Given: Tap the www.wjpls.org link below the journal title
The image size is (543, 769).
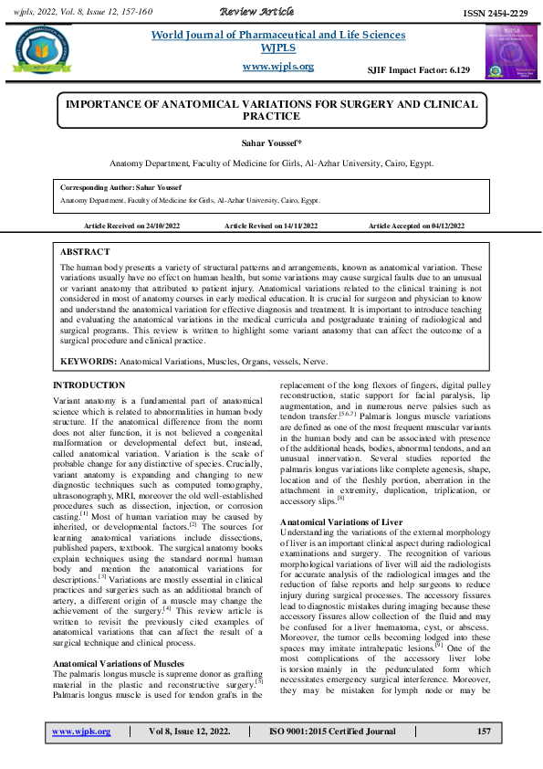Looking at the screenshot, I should pyautogui.click(x=278, y=67).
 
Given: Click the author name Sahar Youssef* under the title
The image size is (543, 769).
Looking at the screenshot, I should pyautogui.click(x=271, y=144).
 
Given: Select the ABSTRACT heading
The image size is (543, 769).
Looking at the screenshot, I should pyautogui.click(x=85, y=251).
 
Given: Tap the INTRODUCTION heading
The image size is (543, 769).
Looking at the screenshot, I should pyautogui.click(x=89, y=386).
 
